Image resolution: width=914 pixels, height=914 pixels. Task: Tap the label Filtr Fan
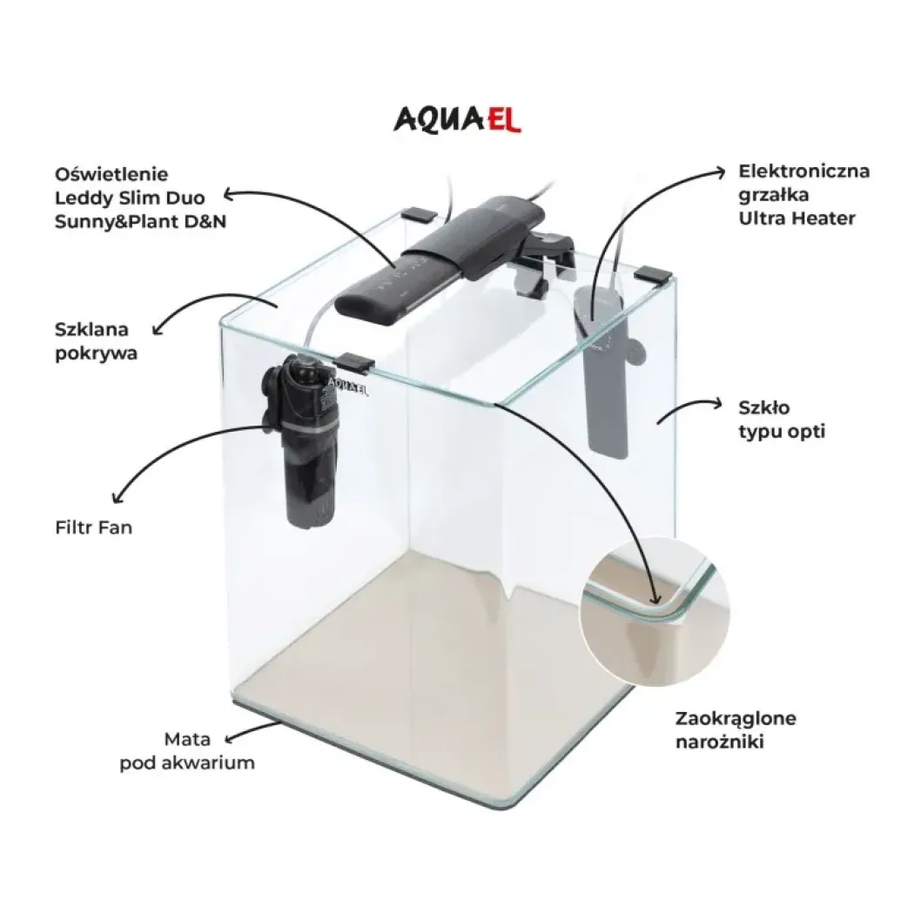(x=94, y=528)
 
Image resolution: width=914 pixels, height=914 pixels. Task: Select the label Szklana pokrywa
(x=96, y=341)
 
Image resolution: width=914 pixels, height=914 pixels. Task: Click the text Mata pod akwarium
(x=187, y=750)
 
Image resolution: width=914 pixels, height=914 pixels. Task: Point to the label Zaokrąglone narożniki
(x=736, y=729)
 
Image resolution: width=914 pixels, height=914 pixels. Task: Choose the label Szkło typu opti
(x=782, y=419)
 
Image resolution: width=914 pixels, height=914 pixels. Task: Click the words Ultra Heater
(x=796, y=218)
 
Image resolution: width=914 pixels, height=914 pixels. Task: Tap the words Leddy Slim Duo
(x=130, y=198)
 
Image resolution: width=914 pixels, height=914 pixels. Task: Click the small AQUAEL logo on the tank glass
(x=348, y=386)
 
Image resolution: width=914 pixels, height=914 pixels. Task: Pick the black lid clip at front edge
(x=355, y=363)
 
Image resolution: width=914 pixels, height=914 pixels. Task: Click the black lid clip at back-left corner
(x=419, y=214)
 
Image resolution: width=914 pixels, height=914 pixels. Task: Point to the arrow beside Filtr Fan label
(x=175, y=446)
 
